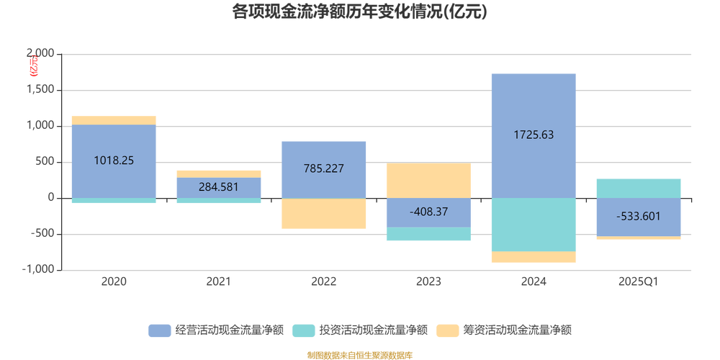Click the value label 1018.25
[114, 161]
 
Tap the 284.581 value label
[220, 189]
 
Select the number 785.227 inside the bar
[324, 169]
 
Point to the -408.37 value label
[428, 212]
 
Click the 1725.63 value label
[534, 135]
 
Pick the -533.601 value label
[639, 217]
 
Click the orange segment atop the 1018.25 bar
[114, 120]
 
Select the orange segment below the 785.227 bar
[324, 214]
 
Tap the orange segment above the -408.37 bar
[428, 180]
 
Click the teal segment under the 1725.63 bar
[534, 225]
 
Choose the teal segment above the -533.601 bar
[639, 188]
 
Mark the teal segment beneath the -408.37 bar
[428, 235]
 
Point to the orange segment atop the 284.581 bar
[220, 174]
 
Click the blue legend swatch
[158, 330]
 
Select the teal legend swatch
[303, 330]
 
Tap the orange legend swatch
[449, 330]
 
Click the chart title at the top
[360, 12]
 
